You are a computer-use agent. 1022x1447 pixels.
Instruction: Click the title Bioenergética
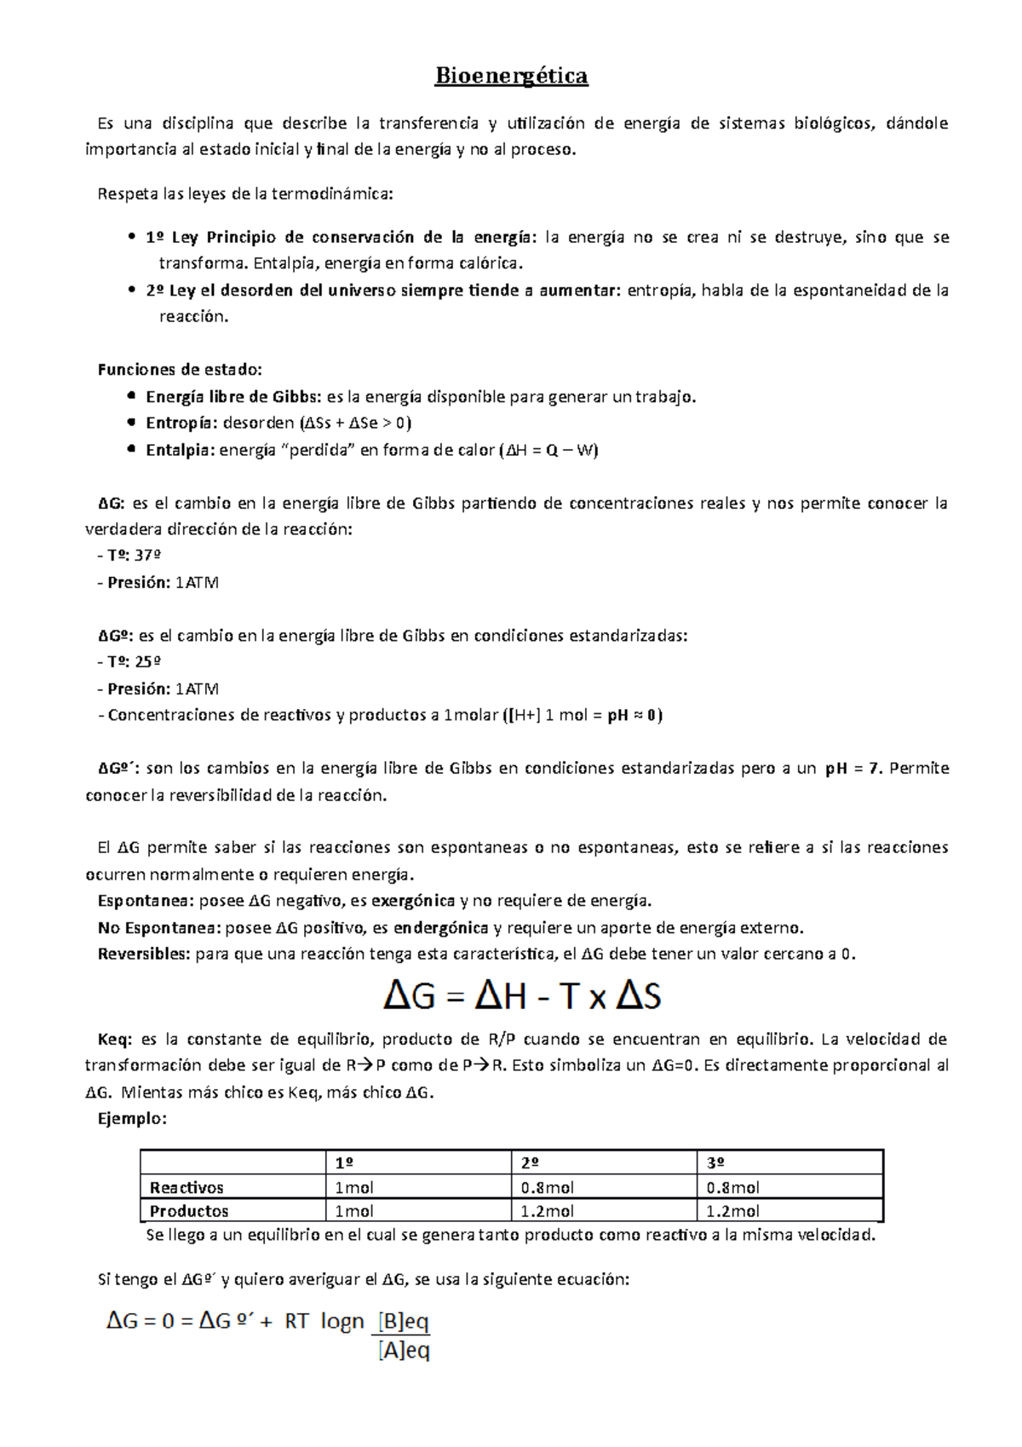(x=511, y=77)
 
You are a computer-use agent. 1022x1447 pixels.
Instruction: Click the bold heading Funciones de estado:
(x=180, y=370)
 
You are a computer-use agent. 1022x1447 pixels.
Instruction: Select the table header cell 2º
(x=531, y=1163)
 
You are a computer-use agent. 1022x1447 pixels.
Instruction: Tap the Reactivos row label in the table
(x=187, y=1187)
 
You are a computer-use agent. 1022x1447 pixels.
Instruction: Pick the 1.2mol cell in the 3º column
(x=732, y=1211)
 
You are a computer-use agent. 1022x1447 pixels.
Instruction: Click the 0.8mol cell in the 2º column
(x=547, y=1187)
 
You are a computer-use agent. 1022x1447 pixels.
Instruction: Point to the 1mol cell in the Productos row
(x=354, y=1211)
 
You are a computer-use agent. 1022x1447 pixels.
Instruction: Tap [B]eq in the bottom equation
(x=403, y=1322)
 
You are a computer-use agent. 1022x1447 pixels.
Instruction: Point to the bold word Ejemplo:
(x=132, y=1119)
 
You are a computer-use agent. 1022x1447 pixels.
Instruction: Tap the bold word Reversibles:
(x=144, y=954)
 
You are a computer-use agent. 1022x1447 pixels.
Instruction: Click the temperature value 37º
(x=148, y=556)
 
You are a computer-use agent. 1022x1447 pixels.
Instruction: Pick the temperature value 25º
(x=148, y=662)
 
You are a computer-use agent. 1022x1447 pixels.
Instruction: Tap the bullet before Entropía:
(x=130, y=423)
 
